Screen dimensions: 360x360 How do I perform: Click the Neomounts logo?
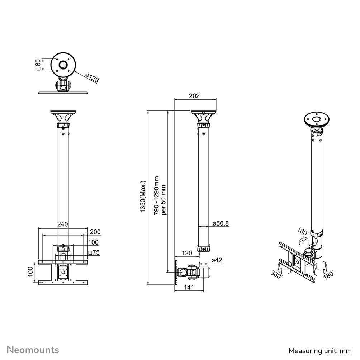coord(33,350)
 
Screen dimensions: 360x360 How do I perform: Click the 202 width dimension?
coord(194,96)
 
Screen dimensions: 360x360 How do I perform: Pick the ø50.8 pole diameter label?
coord(221,223)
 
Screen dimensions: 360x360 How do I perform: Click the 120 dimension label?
coord(187,253)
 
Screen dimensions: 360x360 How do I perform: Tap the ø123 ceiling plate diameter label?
coord(92,78)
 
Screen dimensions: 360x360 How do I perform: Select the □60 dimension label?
coord(38,65)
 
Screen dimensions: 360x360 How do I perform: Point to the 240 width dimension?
coord(63,224)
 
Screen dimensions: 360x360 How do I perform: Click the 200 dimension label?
coord(95,232)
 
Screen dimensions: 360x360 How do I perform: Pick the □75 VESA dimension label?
coord(94,252)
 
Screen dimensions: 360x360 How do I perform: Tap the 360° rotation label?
coord(277,274)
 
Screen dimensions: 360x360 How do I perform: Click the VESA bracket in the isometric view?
coord(297,261)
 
